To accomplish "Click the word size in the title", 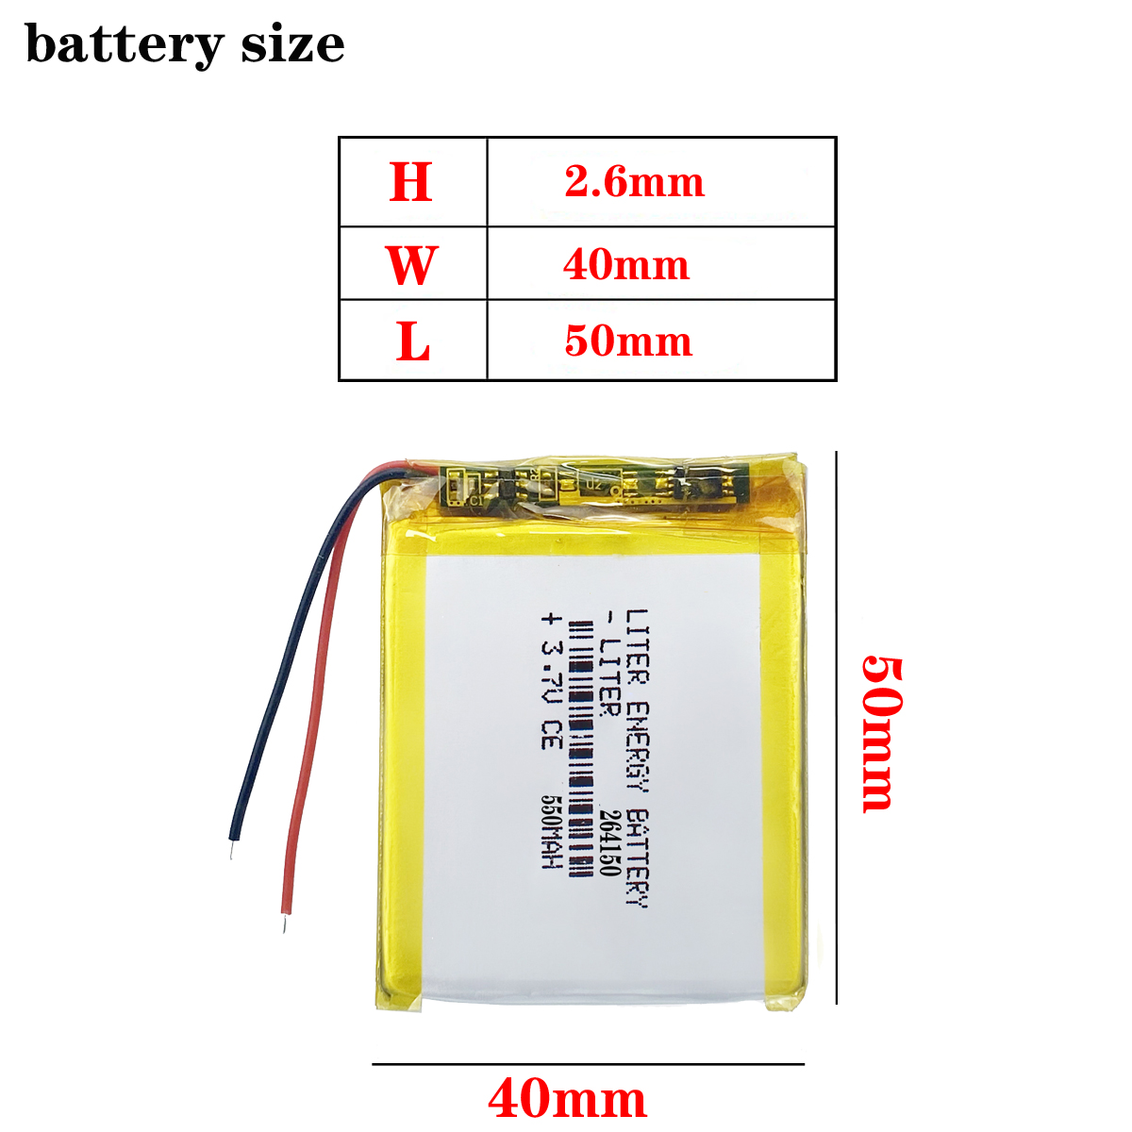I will [292, 44].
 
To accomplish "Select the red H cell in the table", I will [411, 182].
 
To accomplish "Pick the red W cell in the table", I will [411, 265].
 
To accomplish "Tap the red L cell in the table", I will [412, 341].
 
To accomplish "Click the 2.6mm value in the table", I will [634, 182].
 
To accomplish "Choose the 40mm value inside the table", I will [626, 265].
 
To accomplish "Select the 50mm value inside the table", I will [628, 341].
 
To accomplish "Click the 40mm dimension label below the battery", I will [567, 1100].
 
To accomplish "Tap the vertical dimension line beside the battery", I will [837, 726].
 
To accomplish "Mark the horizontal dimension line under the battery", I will [588, 1064].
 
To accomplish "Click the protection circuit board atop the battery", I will [594, 485].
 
